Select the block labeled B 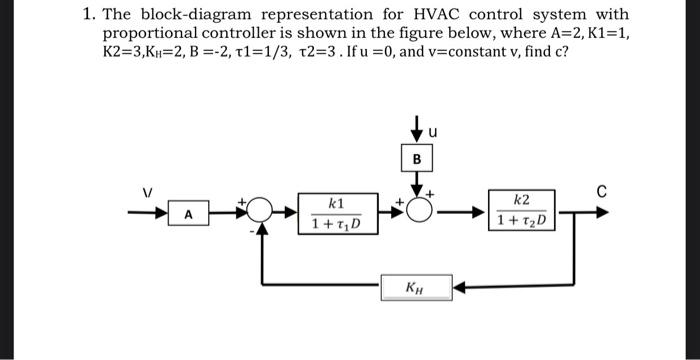pyautogui.click(x=416, y=159)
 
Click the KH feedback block pyautogui.click(x=414, y=289)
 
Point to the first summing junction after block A pyautogui.click(x=262, y=213)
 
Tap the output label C pyautogui.click(x=600, y=190)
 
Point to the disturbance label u pyautogui.click(x=432, y=130)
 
